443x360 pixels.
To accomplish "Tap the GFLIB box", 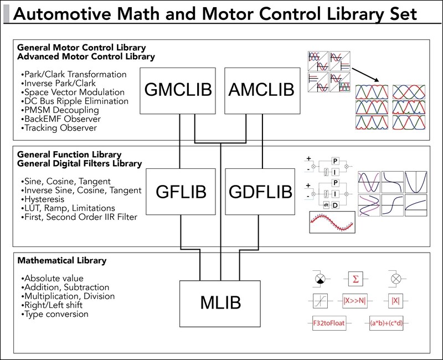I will [182, 191].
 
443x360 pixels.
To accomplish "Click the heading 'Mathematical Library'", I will [61, 260].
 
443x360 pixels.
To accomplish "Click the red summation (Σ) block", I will [355, 277].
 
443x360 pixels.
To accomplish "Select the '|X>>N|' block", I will [356, 301].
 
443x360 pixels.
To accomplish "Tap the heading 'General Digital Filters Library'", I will [79, 164].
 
